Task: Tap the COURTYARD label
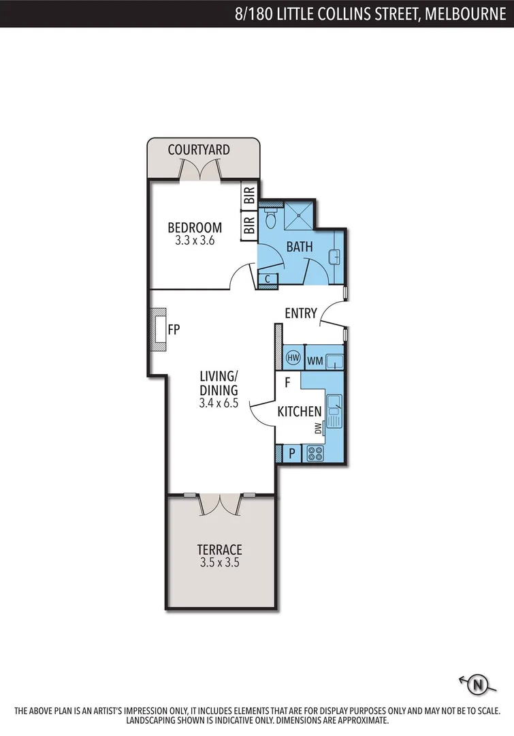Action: (x=199, y=149)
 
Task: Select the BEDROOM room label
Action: (x=195, y=228)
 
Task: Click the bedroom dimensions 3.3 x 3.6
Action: (x=195, y=240)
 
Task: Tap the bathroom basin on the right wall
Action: (x=335, y=257)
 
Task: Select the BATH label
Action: (x=299, y=247)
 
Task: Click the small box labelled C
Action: (x=268, y=279)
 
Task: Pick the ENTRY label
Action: (x=301, y=313)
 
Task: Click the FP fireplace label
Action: (x=174, y=330)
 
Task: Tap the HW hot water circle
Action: (x=293, y=358)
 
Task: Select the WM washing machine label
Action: (x=315, y=359)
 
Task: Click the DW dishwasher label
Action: (x=317, y=428)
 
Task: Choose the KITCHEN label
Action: (x=300, y=412)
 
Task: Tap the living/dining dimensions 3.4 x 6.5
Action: (x=219, y=403)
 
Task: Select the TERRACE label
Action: (x=219, y=550)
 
